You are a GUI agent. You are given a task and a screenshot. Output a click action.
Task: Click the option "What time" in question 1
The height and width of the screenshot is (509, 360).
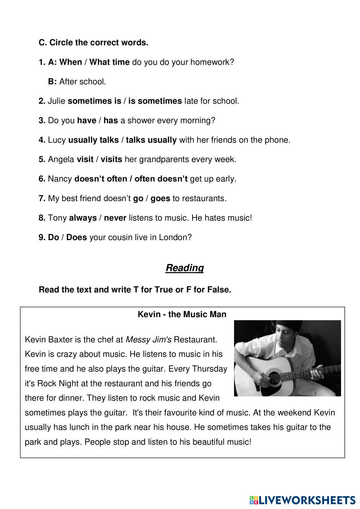pyautogui.click(x=109, y=62)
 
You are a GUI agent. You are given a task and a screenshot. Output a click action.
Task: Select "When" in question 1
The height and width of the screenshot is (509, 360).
pyautogui.click(x=71, y=62)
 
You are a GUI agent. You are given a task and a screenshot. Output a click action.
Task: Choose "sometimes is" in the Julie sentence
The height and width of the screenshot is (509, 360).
pyautogui.click(x=94, y=101)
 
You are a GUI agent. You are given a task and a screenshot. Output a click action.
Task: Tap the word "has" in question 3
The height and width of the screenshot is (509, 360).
pyautogui.click(x=111, y=121)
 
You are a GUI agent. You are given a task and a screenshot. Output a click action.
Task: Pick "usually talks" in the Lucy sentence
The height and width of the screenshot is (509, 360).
pyautogui.click(x=93, y=140)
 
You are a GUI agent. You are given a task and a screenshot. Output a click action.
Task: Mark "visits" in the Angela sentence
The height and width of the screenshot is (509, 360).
pyautogui.click(x=111, y=159)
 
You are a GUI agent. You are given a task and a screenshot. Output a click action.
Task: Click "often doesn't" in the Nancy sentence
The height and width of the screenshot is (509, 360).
pyautogui.click(x=161, y=179)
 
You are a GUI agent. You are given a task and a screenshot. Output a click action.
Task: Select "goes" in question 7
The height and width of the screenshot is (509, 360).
pyautogui.click(x=160, y=198)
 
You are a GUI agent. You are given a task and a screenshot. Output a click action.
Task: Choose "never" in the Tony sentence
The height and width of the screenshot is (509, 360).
pyautogui.click(x=115, y=218)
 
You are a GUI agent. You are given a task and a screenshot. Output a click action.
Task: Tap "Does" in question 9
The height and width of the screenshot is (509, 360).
pyautogui.click(x=77, y=237)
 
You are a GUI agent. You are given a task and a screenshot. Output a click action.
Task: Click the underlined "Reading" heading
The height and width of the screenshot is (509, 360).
pyautogui.click(x=184, y=268)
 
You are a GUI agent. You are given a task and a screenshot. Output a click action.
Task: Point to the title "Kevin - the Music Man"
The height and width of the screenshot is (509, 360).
pyautogui.click(x=182, y=314)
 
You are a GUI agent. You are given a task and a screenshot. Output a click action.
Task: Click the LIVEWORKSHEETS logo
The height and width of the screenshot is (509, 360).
pyautogui.click(x=302, y=500)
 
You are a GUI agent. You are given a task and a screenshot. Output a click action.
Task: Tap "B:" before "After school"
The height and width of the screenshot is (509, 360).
pyautogui.click(x=53, y=82)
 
